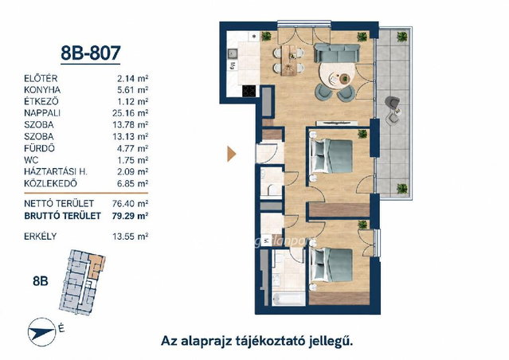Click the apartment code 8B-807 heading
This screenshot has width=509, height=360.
click(91, 53)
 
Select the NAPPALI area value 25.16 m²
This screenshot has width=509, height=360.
click(131, 113)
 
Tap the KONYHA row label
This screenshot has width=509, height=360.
click(42, 90)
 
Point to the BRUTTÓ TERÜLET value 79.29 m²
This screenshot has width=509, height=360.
click(130, 216)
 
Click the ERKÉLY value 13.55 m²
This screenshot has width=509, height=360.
click(131, 237)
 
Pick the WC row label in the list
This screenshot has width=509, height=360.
click(31, 160)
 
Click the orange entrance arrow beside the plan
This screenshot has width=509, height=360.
click(232, 154)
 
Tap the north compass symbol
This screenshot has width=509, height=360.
click(41, 332)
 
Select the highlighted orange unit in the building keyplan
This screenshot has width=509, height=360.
click(96, 265)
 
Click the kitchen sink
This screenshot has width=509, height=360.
click(232, 53)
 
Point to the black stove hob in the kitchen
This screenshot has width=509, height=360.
click(249, 91)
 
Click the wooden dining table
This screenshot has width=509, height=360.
click(289, 61)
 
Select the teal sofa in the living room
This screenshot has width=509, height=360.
click(337, 53)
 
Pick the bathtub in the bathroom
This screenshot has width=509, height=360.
click(288, 299)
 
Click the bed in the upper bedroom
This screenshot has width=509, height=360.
click(331, 156)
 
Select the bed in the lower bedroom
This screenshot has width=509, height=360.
click(331, 265)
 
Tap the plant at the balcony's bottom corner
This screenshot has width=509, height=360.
click(402, 188)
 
